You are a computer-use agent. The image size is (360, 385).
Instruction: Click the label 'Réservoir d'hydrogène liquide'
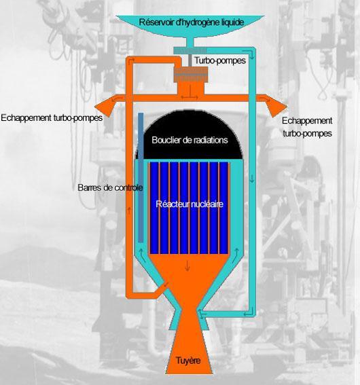click(x=192, y=22)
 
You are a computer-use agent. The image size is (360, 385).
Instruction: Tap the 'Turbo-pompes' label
click(x=220, y=60)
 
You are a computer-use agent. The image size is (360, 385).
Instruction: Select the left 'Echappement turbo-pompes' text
click(x=52, y=118)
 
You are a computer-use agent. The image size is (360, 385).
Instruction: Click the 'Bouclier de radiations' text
click(x=190, y=140)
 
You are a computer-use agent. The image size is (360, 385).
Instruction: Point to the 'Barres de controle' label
click(x=110, y=187)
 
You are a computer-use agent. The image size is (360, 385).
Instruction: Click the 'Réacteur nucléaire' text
click(x=190, y=204)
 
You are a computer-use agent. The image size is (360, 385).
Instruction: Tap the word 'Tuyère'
click(x=188, y=361)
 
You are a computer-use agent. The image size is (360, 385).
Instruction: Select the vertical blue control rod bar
click(x=141, y=177)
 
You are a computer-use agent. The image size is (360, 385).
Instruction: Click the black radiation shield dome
click(x=189, y=134)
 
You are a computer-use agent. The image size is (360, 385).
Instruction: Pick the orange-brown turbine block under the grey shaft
click(x=191, y=75)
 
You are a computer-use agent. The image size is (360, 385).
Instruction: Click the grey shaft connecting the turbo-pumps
click(x=190, y=60)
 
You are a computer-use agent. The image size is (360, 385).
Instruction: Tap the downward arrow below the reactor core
click(x=188, y=266)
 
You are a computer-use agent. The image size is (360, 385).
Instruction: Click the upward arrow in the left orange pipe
click(x=129, y=210)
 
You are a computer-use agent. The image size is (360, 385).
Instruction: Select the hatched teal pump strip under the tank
click(x=190, y=50)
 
